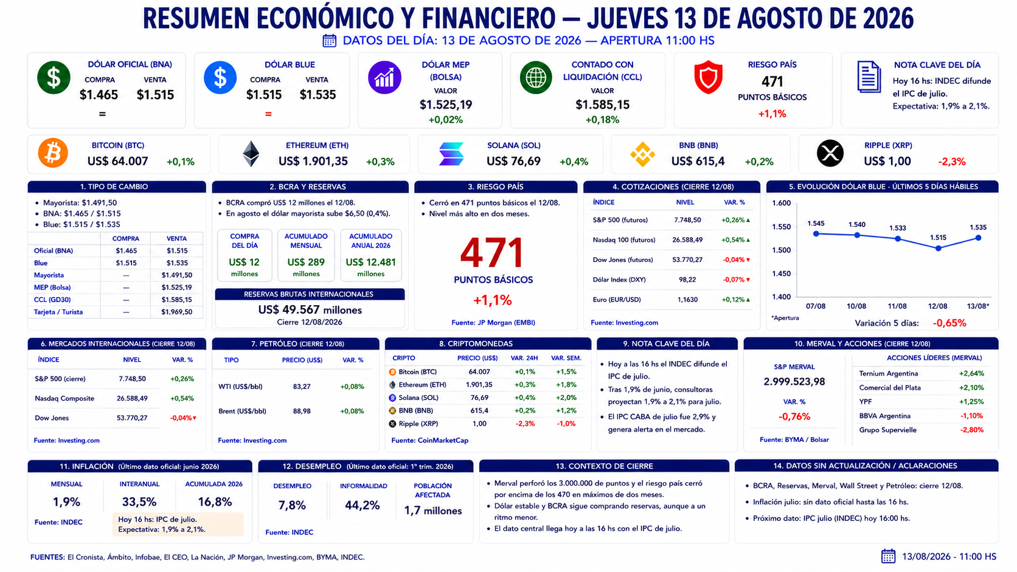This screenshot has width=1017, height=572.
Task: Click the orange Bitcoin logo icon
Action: pos(53,153)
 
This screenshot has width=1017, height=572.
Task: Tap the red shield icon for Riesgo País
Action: pos(708,77)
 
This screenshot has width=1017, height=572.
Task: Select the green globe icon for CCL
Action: pos(536,78)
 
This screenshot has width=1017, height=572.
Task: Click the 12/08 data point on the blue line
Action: pos(938,248)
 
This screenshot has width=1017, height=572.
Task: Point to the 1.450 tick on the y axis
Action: pos(782,274)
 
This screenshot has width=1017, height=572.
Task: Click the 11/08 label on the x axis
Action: pos(897,306)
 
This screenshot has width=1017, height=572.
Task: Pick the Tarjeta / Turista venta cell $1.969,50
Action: pos(176,312)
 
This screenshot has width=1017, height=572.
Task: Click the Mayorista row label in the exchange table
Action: pos(49,275)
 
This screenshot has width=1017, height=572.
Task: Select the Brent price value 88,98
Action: pos(302,412)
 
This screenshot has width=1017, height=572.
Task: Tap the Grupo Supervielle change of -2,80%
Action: pos(971,430)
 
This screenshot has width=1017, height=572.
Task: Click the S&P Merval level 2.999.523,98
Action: pos(794,382)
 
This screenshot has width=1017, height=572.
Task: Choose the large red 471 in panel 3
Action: pos(492,253)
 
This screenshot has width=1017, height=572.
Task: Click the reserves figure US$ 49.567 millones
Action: pos(310,310)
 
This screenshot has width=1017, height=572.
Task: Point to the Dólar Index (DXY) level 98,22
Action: pos(687,280)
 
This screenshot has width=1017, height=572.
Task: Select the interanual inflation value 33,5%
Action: pos(139,501)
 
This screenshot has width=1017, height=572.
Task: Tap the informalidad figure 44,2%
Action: pos(363,505)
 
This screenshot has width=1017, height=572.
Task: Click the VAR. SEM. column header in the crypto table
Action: pos(566,359)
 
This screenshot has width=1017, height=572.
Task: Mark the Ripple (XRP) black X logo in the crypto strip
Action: pos(830,153)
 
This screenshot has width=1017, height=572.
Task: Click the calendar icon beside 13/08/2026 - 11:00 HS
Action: pos(889,556)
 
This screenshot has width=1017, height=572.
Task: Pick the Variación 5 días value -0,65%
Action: pos(949,323)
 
